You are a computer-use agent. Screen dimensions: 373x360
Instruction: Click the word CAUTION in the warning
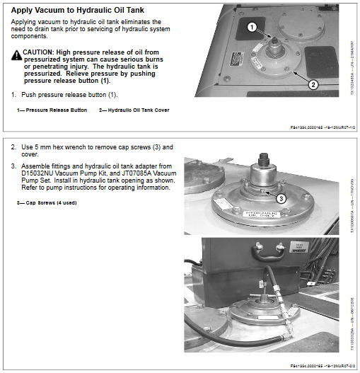38,53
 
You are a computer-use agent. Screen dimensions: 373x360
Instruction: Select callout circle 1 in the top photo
252,28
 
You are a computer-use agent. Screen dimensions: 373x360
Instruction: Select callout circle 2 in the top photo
313,84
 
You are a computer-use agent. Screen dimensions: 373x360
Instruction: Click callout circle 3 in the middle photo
281,198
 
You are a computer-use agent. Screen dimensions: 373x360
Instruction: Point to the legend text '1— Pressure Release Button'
52,110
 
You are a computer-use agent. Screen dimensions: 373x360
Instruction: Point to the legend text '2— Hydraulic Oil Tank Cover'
134,110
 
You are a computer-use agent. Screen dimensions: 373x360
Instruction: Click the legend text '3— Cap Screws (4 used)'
47,203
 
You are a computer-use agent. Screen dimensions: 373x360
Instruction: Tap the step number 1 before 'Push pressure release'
13,94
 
